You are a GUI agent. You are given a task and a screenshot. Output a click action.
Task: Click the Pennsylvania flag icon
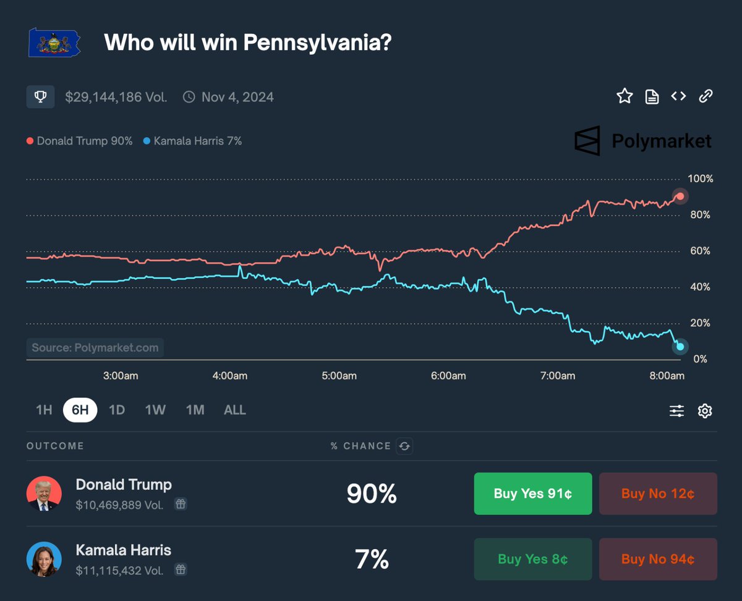click(54, 43)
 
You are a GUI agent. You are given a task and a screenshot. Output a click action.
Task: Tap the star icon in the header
click(625, 96)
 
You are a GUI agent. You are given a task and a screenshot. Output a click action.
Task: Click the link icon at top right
click(706, 96)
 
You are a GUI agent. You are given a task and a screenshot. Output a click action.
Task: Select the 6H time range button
click(80, 410)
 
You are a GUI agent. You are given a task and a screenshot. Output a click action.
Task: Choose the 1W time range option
click(155, 410)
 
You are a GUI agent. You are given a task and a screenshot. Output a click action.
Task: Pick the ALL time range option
click(234, 410)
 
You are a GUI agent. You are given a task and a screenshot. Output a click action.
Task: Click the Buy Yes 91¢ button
click(532, 494)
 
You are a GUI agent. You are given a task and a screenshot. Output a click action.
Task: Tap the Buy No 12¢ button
click(658, 494)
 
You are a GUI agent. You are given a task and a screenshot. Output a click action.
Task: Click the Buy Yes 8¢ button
click(532, 559)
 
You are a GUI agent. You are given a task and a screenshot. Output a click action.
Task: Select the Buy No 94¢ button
click(658, 559)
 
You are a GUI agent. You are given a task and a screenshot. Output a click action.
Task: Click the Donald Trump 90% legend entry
click(80, 141)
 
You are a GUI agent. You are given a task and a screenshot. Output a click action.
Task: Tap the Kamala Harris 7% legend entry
click(192, 141)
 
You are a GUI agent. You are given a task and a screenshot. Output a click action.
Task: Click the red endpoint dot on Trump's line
click(680, 196)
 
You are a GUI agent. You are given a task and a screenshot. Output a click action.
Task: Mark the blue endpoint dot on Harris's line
click(680, 347)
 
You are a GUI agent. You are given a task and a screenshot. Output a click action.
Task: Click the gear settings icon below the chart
click(705, 411)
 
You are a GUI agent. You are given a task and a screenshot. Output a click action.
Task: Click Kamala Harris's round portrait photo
click(44, 559)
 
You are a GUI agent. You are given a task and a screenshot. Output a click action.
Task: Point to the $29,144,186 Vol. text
click(116, 97)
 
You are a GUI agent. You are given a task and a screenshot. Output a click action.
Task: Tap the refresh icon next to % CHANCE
click(404, 446)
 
